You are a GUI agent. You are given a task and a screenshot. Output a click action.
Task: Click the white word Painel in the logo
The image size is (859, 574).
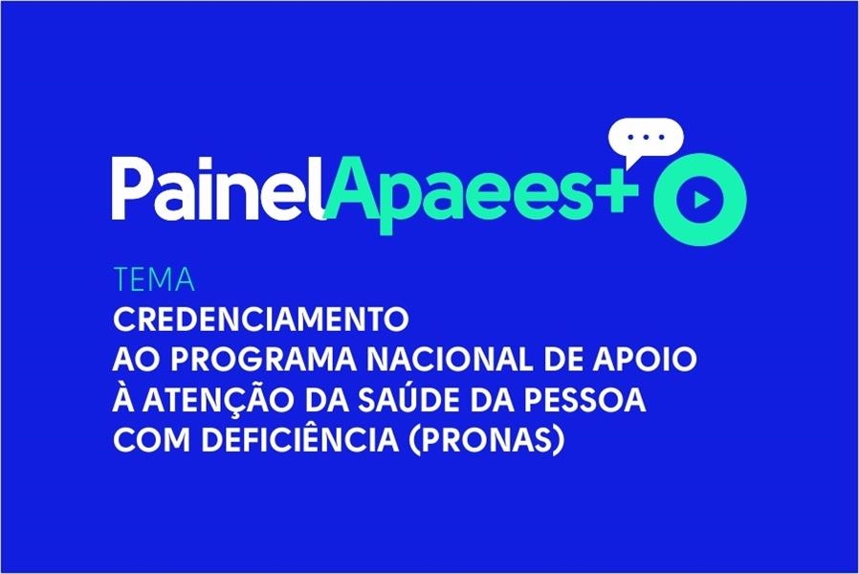point(220,189)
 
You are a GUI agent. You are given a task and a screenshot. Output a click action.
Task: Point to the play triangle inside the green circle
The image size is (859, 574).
point(701,200)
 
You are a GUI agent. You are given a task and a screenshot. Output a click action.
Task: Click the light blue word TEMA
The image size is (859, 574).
point(154,280)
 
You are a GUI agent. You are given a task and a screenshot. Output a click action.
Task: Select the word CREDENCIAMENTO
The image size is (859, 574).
point(261,320)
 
